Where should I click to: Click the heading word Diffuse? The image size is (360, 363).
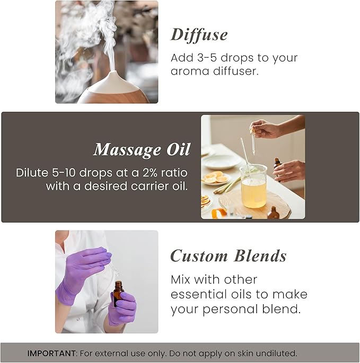[199, 35]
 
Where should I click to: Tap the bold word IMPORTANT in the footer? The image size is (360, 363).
[50, 353]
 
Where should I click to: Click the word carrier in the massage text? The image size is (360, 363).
[145, 186]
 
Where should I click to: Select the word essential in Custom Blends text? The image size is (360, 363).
[196, 294]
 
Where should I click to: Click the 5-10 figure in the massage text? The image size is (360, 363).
[67, 173]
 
